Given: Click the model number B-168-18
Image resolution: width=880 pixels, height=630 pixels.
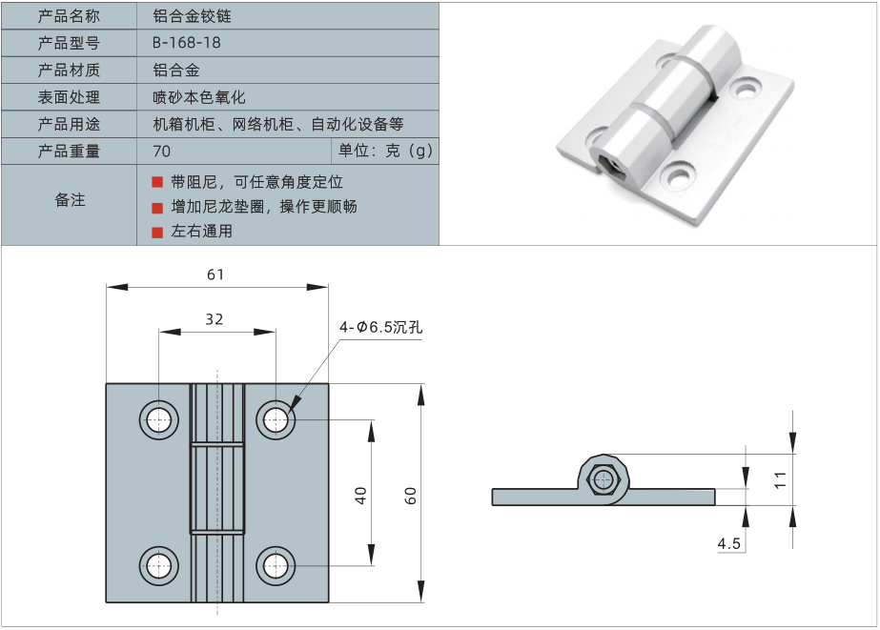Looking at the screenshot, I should click(x=187, y=43).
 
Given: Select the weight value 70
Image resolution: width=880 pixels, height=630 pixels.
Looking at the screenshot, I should click(x=161, y=152).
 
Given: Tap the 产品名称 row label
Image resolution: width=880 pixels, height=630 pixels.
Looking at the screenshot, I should click(x=69, y=16).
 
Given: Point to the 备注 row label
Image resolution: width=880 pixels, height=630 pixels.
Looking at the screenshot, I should click(x=69, y=200).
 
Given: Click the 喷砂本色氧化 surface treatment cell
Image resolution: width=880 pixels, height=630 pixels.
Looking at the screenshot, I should click(x=199, y=97).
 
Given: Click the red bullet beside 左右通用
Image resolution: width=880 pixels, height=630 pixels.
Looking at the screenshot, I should click(x=157, y=232).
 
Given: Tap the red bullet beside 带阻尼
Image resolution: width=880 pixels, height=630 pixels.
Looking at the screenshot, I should click(x=157, y=182).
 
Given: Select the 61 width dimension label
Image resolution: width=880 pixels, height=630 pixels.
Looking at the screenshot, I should click(x=215, y=274).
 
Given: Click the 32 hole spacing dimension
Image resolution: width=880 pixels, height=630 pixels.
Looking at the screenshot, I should click(x=215, y=320).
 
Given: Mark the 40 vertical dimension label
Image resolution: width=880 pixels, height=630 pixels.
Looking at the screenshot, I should click(x=360, y=495).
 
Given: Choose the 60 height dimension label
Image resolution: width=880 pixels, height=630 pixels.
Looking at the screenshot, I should click(x=410, y=495).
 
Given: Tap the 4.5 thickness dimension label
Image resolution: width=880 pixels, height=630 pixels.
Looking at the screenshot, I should click(x=729, y=543).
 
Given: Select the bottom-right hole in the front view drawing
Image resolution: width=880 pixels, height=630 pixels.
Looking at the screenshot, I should click(x=276, y=565).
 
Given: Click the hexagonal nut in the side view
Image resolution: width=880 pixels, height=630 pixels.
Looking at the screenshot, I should click(x=602, y=479).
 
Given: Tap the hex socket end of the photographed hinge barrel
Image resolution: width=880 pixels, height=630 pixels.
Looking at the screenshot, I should click(x=608, y=166).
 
